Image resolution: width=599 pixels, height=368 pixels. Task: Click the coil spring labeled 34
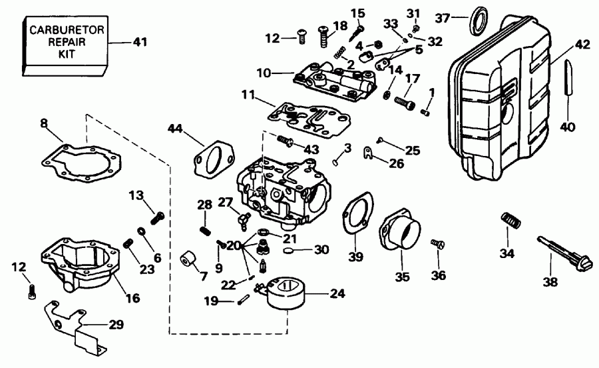click(x=510, y=221)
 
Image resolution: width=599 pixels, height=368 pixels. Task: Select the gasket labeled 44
click(x=212, y=157)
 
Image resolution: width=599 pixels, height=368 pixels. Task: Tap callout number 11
click(x=247, y=95)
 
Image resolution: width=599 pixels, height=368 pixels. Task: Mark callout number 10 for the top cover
click(x=264, y=71)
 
